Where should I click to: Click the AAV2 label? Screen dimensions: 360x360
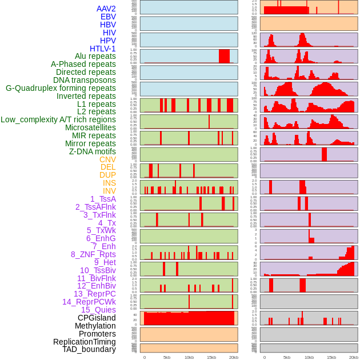tap(106, 9)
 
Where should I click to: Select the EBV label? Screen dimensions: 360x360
tap(108, 17)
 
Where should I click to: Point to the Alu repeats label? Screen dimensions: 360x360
tap(95, 57)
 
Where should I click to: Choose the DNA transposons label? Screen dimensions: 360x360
tap(85, 80)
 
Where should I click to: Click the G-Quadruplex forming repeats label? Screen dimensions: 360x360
tap(61, 88)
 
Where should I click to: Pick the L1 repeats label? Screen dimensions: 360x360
tap(96, 104)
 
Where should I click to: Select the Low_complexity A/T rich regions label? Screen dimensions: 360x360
tap(58, 119)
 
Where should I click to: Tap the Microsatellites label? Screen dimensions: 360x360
tap(90, 127)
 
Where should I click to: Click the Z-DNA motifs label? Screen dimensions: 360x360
tap(92, 151)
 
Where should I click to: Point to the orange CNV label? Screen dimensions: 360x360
tap(107, 159)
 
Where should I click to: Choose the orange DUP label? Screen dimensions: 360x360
tap(107, 175)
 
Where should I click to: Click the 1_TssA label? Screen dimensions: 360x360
tap(103, 199)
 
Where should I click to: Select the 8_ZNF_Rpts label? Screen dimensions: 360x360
tap(93, 254)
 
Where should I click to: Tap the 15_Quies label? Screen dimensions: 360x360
tap(98, 310)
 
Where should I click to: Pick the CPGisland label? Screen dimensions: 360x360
tap(97, 318)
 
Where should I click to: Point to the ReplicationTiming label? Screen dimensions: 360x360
tap(84, 342)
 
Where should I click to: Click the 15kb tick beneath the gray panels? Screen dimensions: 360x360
tap(331, 357)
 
